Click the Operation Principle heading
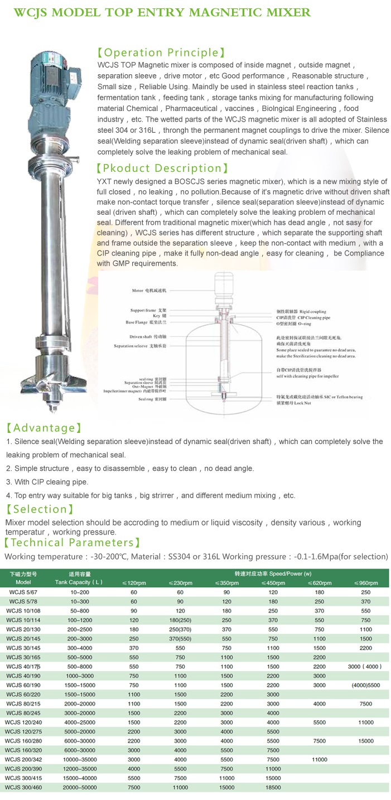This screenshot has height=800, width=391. pos(161,53)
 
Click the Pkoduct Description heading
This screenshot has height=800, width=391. pos(162,168)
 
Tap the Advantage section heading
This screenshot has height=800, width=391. pos(43,428)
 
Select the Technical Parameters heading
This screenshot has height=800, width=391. pos(72,542)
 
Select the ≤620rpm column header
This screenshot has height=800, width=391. pos(319,583)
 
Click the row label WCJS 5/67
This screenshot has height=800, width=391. pos(22,592)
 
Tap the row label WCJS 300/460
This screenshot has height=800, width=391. pos(22,787)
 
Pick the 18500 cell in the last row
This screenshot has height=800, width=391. pos(273,787)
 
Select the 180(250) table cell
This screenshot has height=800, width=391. pos(180,620)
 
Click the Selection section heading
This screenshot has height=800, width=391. pos(40,509)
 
